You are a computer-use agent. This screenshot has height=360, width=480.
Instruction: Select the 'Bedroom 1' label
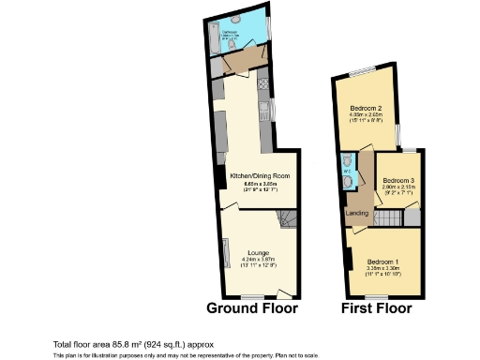pyautogui.click(x=382, y=261)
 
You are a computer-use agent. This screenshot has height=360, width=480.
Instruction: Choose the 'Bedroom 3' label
pyautogui.click(x=398, y=180)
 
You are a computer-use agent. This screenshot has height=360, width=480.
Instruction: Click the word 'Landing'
pyautogui.click(x=356, y=214)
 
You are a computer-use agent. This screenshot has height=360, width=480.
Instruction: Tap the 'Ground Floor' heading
pyautogui.click(x=251, y=307)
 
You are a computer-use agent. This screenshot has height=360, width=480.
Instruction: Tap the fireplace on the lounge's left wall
pyautogui.click(x=225, y=253)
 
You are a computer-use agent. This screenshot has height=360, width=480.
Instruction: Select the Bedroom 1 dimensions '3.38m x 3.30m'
pyautogui.click(x=382, y=268)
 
